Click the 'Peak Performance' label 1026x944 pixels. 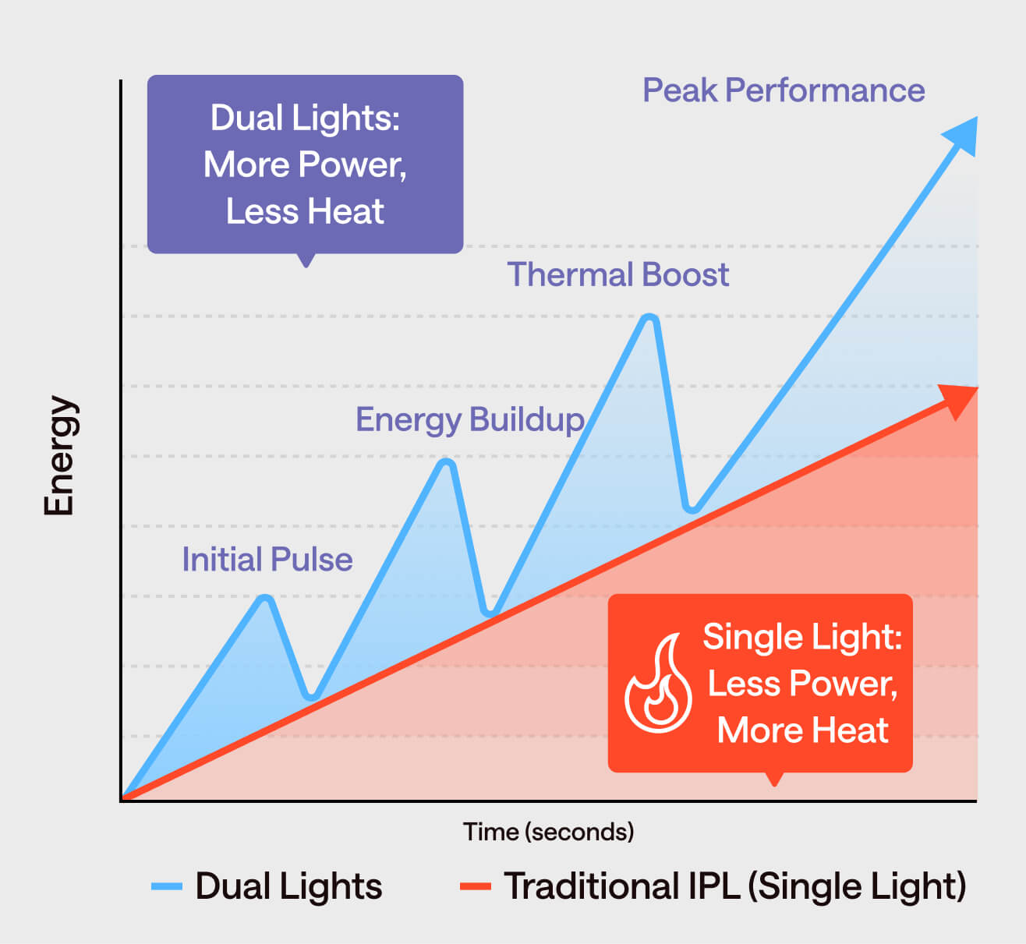pyautogui.click(x=784, y=90)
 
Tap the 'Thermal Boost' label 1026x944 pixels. pyautogui.click(x=617, y=274)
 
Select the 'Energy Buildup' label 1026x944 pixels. pyautogui.click(x=469, y=419)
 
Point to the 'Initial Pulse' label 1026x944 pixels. pyautogui.click(x=267, y=560)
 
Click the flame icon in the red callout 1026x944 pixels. pyautogui.click(x=658, y=684)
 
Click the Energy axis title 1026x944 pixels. pyautogui.click(x=58, y=456)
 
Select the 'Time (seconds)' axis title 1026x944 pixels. pyautogui.click(x=548, y=832)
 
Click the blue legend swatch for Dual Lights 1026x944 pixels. pyautogui.click(x=167, y=886)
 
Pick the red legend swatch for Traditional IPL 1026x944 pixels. pyautogui.click(x=475, y=886)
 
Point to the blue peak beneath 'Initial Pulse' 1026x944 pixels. pyautogui.click(x=266, y=599)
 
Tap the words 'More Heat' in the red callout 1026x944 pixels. pyautogui.click(x=802, y=730)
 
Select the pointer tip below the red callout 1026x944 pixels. pyautogui.click(x=774, y=782)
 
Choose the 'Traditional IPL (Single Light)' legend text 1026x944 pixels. pyautogui.click(x=734, y=886)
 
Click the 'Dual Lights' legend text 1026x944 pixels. pyautogui.click(x=288, y=886)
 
